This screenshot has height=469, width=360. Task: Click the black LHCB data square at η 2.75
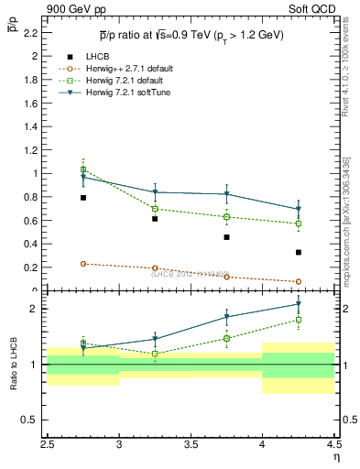pos(83,197)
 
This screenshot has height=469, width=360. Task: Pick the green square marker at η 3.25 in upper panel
pos(155,209)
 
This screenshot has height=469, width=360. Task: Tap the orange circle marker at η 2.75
pos(83,264)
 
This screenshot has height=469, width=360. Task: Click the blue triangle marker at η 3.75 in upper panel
pos(227,194)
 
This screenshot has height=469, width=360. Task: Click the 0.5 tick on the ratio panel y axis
pos(30,420)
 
